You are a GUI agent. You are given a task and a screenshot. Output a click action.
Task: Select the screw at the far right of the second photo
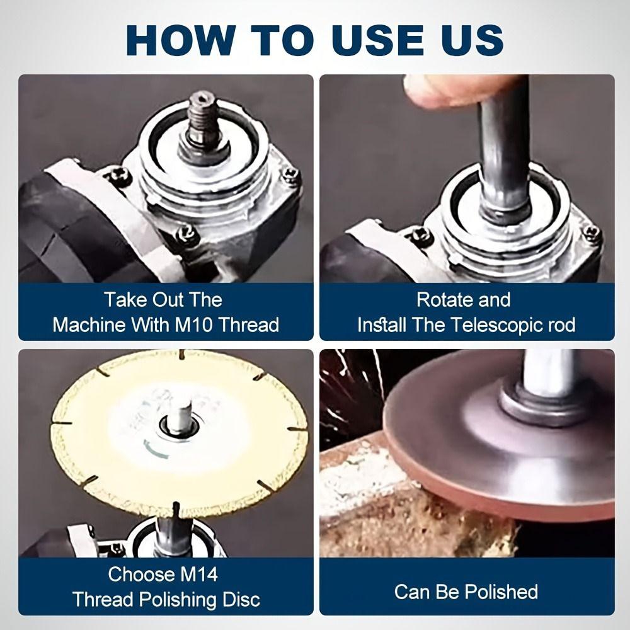592,232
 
